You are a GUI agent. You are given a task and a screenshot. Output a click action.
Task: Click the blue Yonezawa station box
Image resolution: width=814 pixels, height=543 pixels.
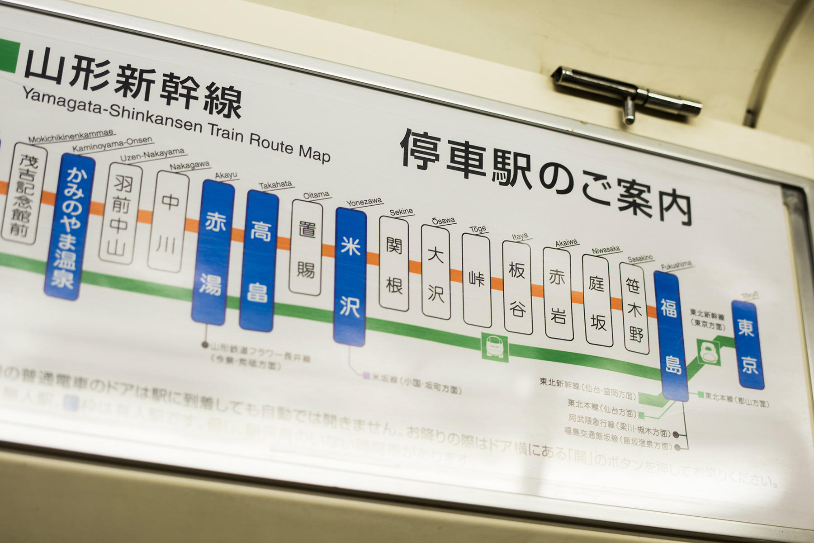(350, 277)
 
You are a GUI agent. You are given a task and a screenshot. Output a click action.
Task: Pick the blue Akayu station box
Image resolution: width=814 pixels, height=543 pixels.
(213, 252)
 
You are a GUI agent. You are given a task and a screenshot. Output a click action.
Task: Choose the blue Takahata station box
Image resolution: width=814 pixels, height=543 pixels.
(258, 261)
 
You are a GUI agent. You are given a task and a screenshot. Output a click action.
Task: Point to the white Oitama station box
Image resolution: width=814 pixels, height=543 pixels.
(306, 248)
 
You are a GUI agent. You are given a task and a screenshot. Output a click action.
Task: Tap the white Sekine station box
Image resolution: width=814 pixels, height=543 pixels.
(393, 264)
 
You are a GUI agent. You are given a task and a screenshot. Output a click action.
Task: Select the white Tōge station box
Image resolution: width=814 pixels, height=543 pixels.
(477, 280)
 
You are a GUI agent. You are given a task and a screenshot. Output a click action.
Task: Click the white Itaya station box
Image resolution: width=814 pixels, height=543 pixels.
(516, 288)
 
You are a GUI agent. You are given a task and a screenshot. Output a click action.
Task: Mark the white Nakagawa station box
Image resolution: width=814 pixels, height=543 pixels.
(168, 222)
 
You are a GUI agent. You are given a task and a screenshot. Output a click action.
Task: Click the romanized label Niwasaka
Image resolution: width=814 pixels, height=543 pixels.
(606, 250)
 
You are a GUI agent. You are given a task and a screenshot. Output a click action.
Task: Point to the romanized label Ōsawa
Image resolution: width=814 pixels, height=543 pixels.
(443, 221)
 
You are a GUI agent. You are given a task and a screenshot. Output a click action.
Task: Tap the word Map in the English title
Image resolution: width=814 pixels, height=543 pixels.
(314, 153)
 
